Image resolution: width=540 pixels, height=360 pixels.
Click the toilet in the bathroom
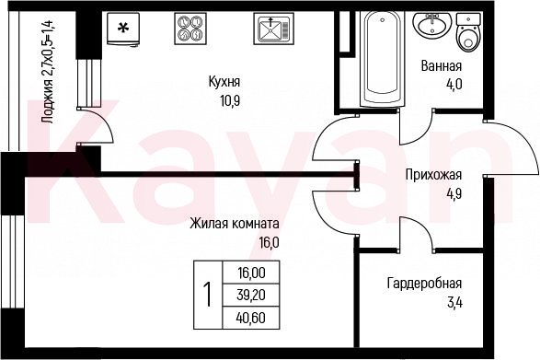[468, 33]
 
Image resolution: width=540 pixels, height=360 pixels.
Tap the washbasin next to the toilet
[431, 25]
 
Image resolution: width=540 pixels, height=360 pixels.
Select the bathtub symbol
[383, 58]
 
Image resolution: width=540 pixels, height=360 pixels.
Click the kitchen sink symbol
[274, 29]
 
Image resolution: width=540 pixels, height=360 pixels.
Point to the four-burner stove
[190, 29]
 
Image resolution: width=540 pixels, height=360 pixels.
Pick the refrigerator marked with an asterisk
[123, 29]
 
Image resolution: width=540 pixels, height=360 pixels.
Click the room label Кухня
[224, 83]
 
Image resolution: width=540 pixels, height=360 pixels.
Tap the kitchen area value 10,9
[230, 101]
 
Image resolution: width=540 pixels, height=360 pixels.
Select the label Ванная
[442, 66]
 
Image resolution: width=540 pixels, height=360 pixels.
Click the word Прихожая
[433, 175]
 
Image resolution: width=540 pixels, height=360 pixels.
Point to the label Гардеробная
[424, 284]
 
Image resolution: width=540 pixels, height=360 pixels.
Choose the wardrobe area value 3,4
[454, 303]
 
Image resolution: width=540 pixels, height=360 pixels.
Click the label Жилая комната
[235, 224]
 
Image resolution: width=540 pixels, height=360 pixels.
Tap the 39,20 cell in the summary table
[251, 296]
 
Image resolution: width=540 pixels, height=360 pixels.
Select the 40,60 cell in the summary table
[251, 318]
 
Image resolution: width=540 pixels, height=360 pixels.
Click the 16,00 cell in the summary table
[251, 273]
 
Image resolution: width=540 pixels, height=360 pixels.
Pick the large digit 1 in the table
[208, 295]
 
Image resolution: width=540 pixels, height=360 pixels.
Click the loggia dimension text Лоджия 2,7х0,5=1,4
[47, 72]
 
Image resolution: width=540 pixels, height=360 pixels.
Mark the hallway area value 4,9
[454, 194]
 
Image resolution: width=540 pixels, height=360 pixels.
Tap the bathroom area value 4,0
[454, 85]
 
